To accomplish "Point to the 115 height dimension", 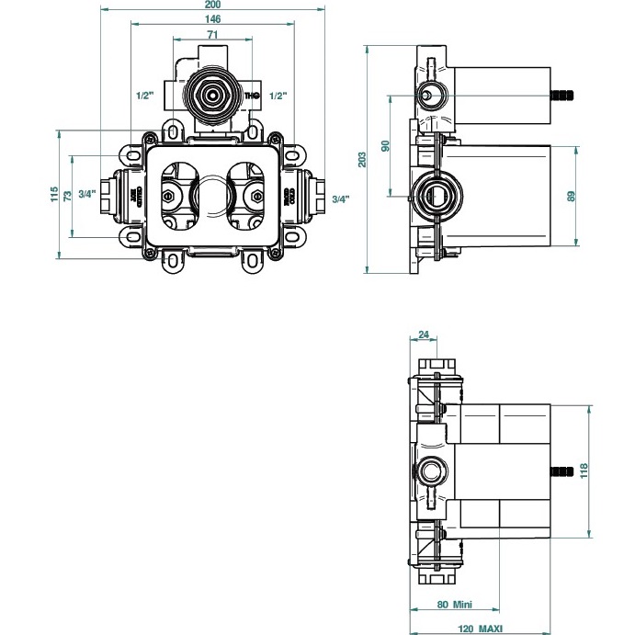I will [55, 195].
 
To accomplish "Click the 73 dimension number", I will [68, 195].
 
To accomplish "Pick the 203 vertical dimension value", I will [363, 159].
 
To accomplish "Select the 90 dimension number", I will [386, 146].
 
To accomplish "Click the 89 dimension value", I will [570, 196].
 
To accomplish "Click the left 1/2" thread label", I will [143, 95].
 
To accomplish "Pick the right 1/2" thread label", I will [280, 95].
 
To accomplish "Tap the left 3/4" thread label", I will [86, 193].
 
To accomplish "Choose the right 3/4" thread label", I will [339, 199].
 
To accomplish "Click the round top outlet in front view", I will [212, 94].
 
